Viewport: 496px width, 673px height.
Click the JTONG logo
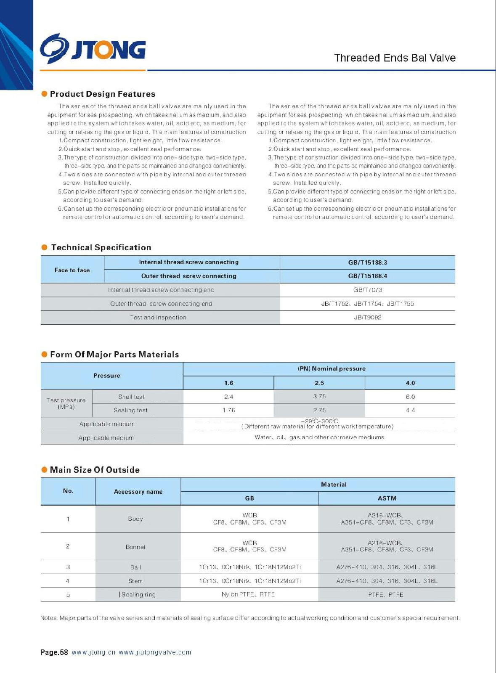93,49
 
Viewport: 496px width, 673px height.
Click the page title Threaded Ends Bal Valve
395,58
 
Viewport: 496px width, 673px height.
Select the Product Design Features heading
102,94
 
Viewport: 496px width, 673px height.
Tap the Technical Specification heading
101,247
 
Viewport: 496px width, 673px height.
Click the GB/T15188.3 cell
367,262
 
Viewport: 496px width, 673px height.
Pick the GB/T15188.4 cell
367,276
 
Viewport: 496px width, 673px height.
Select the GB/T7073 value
367,290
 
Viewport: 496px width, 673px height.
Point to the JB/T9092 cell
367,318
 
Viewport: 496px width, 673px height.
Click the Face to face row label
72,270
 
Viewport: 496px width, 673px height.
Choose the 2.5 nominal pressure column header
319,383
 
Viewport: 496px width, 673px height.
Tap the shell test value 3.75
319,396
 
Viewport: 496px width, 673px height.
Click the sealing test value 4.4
410,410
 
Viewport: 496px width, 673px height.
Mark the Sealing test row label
130,410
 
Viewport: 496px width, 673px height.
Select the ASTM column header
387,498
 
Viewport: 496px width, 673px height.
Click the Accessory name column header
138,491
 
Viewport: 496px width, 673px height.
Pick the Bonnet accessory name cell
135,547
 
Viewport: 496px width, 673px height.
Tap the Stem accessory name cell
135,581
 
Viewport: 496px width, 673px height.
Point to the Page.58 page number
54,652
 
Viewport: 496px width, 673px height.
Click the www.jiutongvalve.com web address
155,652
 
